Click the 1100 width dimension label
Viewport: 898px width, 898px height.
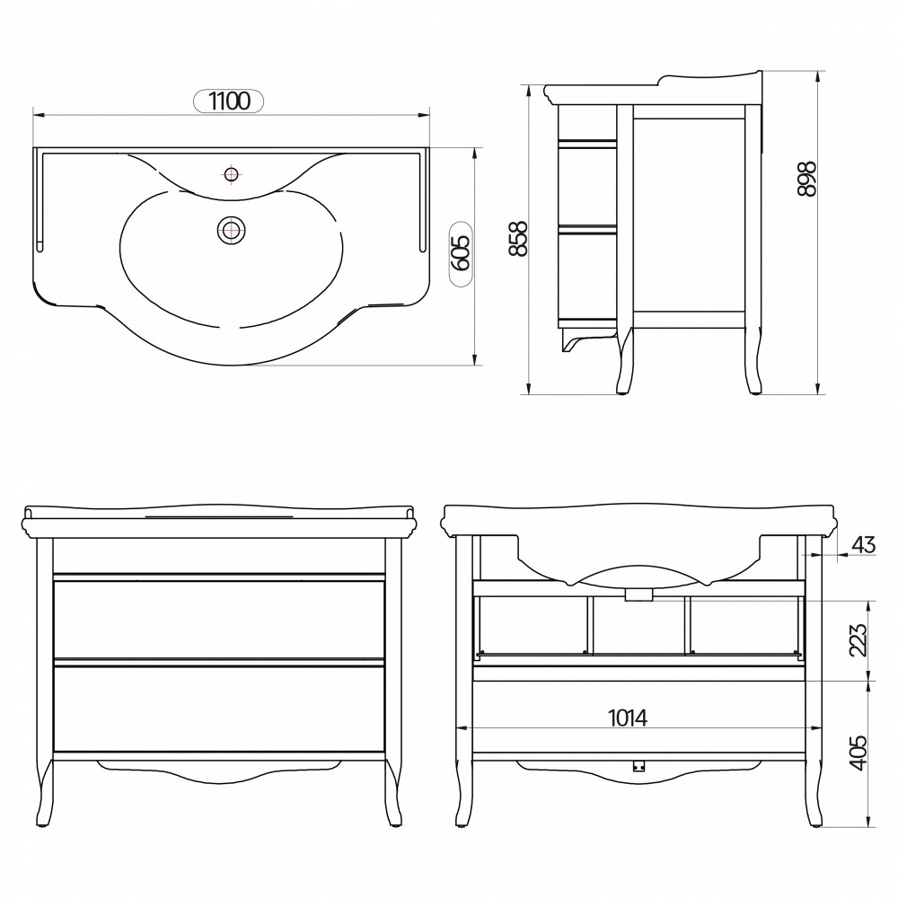click(229, 101)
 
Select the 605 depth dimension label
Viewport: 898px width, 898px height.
click(461, 252)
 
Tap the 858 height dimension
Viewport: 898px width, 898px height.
click(518, 238)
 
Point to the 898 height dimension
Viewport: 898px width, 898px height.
click(807, 179)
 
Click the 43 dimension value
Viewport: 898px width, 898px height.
click(864, 544)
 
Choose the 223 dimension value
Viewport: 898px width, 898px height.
click(858, 639)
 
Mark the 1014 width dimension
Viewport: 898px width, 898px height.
click(628, 717)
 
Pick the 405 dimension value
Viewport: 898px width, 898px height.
click(858, 753)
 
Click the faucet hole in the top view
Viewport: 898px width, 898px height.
click(231, 173)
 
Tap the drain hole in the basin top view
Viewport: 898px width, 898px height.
click(232, 230)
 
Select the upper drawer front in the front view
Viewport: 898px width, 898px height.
click(219, 620)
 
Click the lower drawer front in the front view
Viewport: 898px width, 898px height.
click(219, 709)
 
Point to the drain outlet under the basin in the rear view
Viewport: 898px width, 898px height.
click(638, 596)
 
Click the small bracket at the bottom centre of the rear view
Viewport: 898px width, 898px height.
click(638, 766)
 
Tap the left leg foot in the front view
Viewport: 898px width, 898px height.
click(42, 825)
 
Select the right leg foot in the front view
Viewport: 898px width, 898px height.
click(395, 825)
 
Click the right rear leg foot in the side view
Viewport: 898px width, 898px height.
click(755, 392)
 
